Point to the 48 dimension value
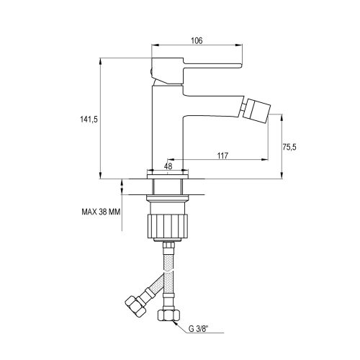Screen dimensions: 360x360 tap(168, 165)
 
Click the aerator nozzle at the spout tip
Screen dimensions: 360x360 tap(256, 109)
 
